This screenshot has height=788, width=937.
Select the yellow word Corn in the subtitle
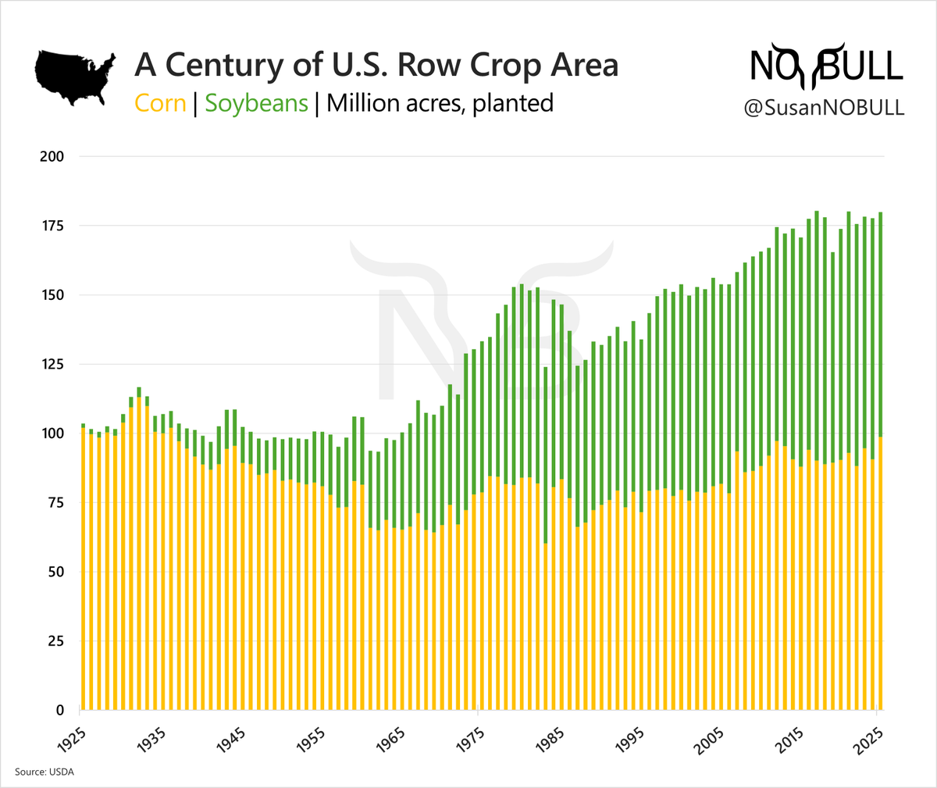pos(160,103)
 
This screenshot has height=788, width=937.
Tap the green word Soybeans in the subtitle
pos(256,103)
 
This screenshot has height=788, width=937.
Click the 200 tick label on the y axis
pos(52,156)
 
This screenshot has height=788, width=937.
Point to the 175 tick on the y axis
pos(52,226)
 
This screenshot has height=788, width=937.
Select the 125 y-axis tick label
pos(52,364)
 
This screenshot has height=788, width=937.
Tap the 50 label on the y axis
pos(55,572)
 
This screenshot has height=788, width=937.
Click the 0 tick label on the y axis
pos(59,711)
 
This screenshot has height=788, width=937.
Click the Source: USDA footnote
pos(45,772)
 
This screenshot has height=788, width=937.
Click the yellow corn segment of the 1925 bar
pos(83,570)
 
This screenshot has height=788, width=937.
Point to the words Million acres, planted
pos(440,103)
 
